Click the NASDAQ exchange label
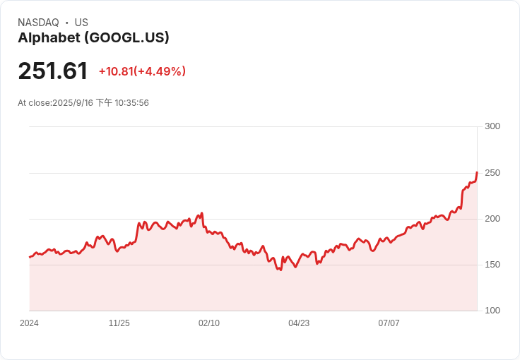(x=38, y=23)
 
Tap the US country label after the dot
(x=81, y=23)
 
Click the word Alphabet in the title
(x=49, y=37)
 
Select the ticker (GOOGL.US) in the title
(x=126, y=37)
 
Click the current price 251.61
(x=53, y=71)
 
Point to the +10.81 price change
(x=116, y=71)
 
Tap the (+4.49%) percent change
(x=160, y=71)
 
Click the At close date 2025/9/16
(x=73, y=103)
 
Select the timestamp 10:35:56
(x=131, y=103)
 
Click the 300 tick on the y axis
(x=492, y=126)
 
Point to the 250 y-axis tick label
(x=492, y=173)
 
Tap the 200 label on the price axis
(x=492, y=219)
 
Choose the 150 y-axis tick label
(x=492, y=265)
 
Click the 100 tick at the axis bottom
(x=492, y=311)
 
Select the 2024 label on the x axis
(x=29, y=323)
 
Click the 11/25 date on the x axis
(x=119, y=323)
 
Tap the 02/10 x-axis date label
(x=209, y=323)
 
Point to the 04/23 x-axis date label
(x=299, y=323)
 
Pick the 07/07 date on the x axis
(x=389, y=323)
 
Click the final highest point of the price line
(x=477, y=172)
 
